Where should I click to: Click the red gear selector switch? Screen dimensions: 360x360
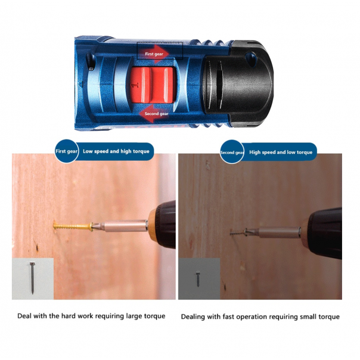tap(151, 85)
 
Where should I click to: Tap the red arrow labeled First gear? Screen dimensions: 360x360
tap(154, 54)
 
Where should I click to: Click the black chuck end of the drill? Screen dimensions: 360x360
tap(239, 83)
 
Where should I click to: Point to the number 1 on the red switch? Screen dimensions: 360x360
tap(135, 85)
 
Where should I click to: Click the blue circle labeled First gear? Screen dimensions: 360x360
tap(67, 151)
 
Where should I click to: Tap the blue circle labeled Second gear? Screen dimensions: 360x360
tap(232, 152)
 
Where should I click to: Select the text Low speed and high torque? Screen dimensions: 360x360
tap(116, 151)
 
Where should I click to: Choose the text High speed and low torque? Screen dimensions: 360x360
tap(281, 152)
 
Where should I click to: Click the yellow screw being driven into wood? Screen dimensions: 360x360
tap(73, 226)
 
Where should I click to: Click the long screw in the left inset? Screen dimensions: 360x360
tap(32, 278)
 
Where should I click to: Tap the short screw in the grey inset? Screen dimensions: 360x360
tap(198, 280)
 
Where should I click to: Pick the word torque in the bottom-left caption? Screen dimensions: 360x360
tap(154, 316)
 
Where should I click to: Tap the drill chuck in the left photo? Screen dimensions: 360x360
tap(162, 226)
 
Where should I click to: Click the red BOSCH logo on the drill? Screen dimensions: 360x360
tap(154, 128)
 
